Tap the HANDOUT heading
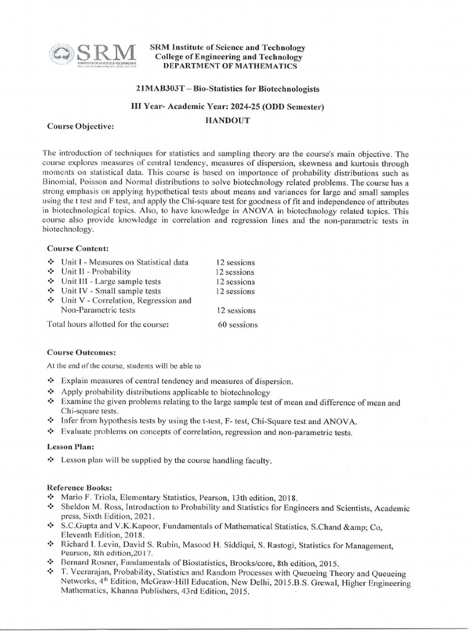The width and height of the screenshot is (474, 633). [x=227, y=121]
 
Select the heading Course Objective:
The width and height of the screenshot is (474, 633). [x=81, y=127]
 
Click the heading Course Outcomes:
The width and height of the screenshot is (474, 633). [x=81, y=352]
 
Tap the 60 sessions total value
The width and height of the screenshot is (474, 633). [x=238, y=325]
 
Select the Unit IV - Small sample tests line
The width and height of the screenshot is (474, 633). [x=111, y=291]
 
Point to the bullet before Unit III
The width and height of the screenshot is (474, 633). [x=51, y=282]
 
